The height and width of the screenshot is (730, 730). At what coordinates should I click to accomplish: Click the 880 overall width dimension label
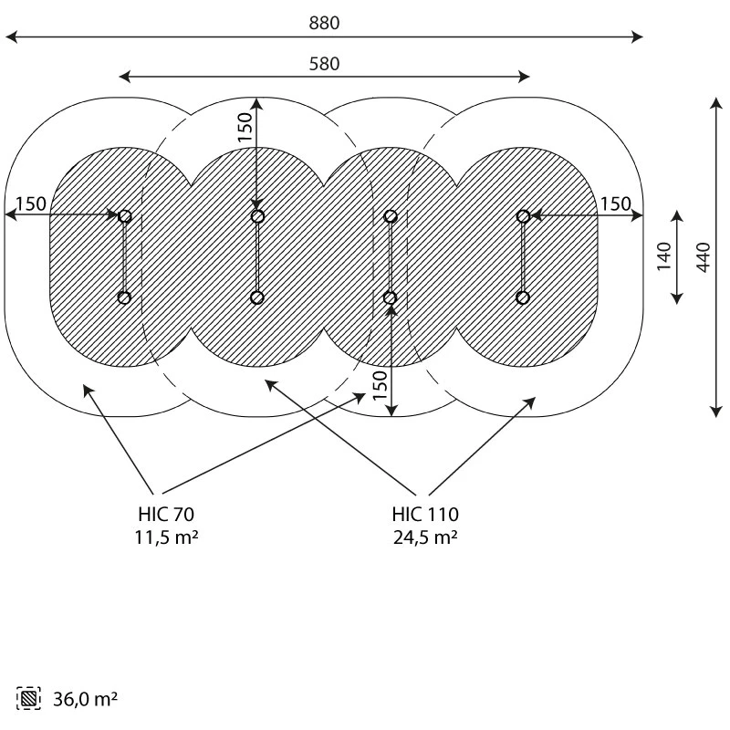324,24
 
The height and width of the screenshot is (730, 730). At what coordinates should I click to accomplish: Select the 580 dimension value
324,64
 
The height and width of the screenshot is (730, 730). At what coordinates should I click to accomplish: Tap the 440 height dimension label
703,256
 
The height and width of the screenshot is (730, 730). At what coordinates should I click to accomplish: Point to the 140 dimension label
664,256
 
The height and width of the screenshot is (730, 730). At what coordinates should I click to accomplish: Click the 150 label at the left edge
30,203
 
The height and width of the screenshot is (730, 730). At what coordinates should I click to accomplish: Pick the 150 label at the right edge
616,203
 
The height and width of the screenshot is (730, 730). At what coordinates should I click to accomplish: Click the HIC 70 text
165,514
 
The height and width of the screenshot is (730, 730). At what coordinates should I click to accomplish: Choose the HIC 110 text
425,514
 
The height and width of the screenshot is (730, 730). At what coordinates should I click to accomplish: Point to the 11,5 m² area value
165,537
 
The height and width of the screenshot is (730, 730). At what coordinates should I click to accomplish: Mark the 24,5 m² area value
425,537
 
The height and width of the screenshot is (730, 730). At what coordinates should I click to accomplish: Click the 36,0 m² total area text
83,700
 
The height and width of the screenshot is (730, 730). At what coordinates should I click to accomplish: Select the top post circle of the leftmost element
125,216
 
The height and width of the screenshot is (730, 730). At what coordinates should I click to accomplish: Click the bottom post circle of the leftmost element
125,297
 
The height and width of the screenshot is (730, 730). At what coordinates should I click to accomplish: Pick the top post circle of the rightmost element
523,216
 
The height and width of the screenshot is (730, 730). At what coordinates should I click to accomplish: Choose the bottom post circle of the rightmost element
523,297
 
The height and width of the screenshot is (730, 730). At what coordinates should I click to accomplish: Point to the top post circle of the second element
257,216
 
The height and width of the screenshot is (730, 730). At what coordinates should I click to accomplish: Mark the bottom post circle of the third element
391,297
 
